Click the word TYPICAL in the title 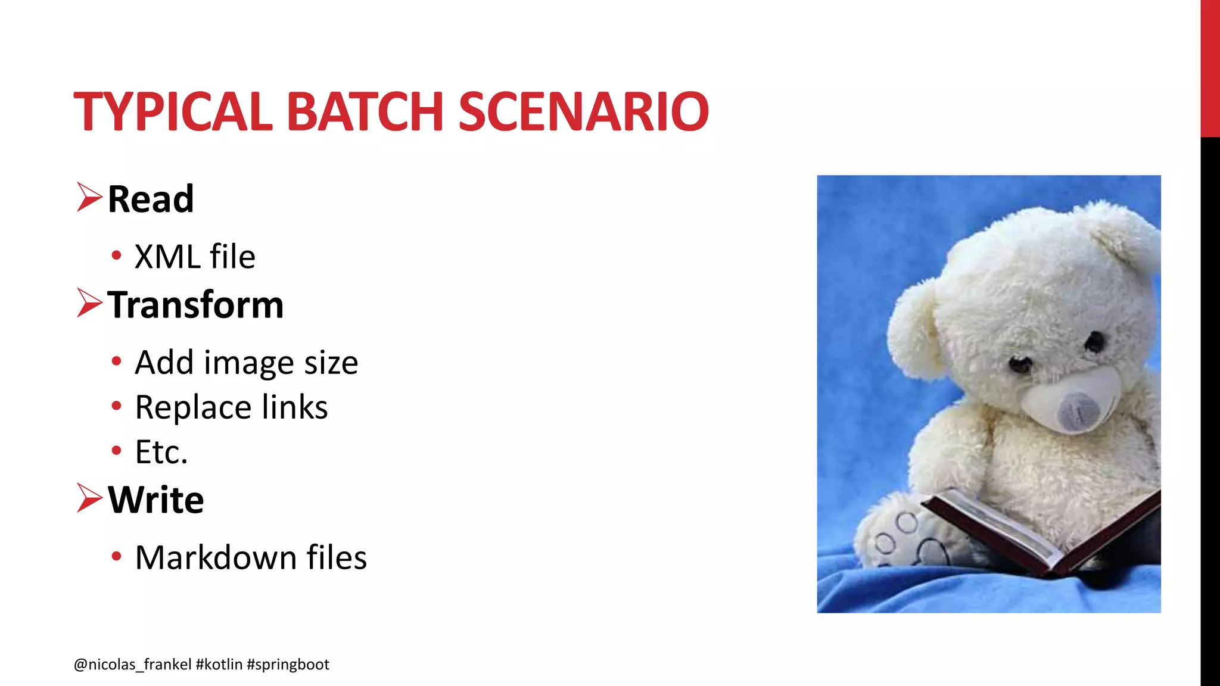(x=173, y=111)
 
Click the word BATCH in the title (x=365, y=111)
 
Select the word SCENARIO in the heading (x=584, y=111)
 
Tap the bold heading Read (x=151, y=199)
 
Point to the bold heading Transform (x=195, y=305)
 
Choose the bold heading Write (x=156, y=500)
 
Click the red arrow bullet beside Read (x=89, y=198)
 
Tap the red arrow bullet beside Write (x=89, y=498)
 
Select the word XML (x=167, y=257)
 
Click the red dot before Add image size (x=117, y=361)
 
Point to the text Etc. (x=161, y=452)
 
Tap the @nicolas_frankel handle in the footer (x=133, y=665)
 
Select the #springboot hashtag (x=288, y=665)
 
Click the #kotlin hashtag (x=219, y=665)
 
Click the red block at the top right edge (x=1210, y=68)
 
